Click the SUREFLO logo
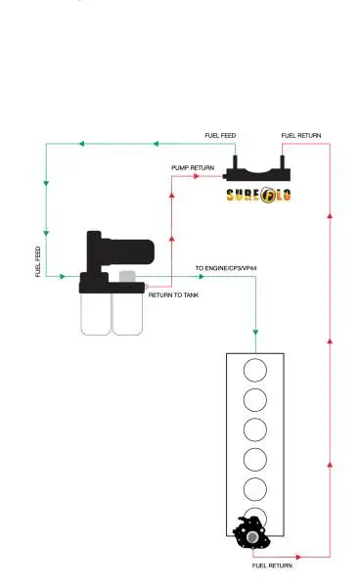(258, 195)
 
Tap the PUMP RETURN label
(193, 167)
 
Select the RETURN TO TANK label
(173, 295)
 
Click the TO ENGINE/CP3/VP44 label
(226, 268)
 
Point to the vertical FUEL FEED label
(38, 261)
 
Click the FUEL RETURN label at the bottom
(272, 565)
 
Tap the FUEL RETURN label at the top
(301, 136)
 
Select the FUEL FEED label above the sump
(220, 136)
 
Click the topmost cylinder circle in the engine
(255, 370)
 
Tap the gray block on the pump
(127, 276)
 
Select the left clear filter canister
(96, 314)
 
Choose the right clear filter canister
(127, 314)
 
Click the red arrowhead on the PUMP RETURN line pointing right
(197, 176)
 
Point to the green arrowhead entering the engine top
(255, 332)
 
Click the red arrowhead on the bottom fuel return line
(298, 557)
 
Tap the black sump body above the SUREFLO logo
(258, 171)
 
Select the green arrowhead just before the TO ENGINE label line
(202, 277)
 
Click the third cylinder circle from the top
(255, 429)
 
